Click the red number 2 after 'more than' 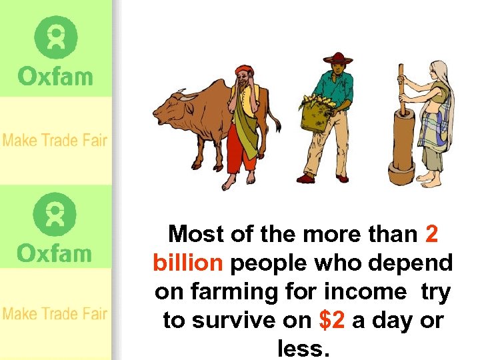pos(431,235)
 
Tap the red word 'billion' pos(187,263)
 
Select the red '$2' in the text pos(332,321)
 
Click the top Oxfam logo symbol pos(56,37)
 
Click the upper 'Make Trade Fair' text pos(55,141)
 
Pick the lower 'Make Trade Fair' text pos(55,313)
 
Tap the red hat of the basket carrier pos(337,58)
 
